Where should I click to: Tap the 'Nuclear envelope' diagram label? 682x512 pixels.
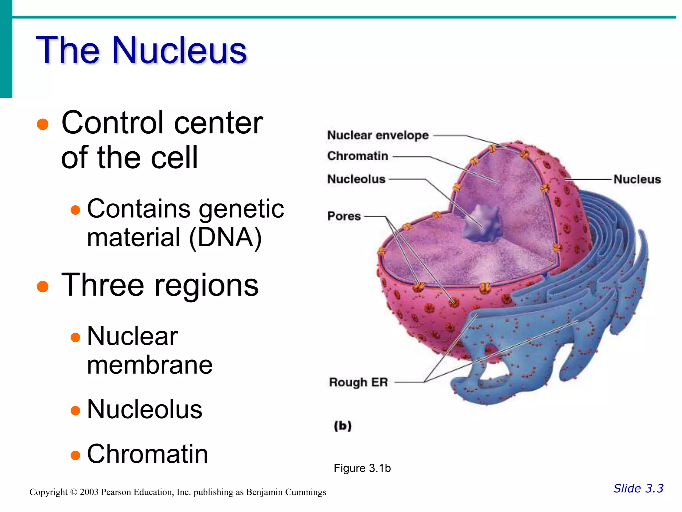coord(378,135)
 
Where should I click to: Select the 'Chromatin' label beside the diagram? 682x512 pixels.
coord(358,156)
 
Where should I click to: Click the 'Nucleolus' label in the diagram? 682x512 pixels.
coord(356,179)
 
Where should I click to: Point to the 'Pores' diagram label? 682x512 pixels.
coord(344,216)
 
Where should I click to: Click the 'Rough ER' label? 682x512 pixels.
coord(358,382)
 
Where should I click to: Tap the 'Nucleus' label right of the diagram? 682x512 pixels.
coord(637,179)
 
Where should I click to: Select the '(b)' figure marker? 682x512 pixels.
coord(343,426)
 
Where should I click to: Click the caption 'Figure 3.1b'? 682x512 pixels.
coord(362,468)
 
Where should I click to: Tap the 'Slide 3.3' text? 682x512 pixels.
coord(638,488)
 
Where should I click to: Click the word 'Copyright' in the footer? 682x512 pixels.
coord(49,492)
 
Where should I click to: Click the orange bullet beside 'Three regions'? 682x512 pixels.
coord(43,286)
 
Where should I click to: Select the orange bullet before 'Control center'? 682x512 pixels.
coord(43,124)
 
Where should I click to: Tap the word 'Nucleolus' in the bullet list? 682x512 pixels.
coord(145,409)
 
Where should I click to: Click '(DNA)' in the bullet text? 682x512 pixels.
coord(226,238)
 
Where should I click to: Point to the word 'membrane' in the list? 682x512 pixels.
coord(150,365)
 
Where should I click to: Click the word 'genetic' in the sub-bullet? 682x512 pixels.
coord(241,209)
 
